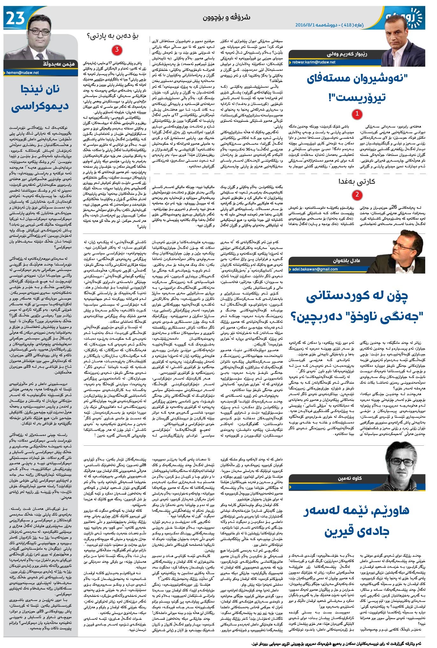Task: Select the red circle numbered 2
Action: (357, 195)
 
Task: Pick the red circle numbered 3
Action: (117, 50)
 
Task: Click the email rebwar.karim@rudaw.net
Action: (313, 62)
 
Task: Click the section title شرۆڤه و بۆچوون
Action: (226, 18)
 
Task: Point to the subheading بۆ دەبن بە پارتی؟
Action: (117, 36)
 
